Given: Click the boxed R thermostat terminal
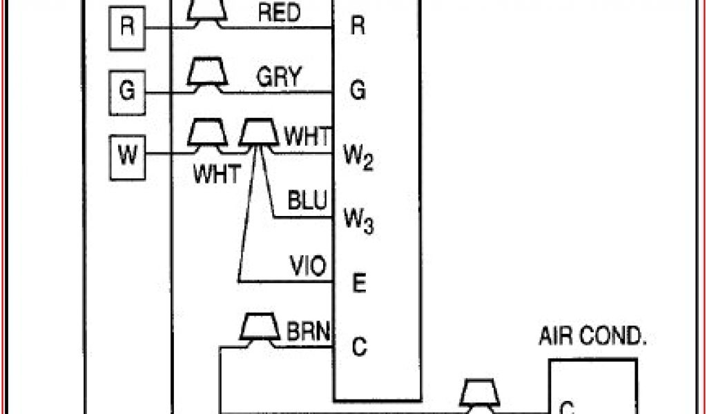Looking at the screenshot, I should pos(127,28).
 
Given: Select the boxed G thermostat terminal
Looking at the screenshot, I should pos(127,91).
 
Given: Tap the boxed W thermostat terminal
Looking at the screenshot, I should pos(127,155).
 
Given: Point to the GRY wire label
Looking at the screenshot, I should pos(279,77).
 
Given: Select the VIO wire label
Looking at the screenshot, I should pos(308,266).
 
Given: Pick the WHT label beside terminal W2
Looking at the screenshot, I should pos(308,136).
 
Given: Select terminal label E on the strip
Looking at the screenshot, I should pos(358,283).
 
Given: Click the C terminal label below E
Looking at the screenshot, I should pos(358,346).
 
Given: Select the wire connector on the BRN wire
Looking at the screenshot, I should pos(260,328).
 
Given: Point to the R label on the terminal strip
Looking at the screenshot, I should pos(358,27).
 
